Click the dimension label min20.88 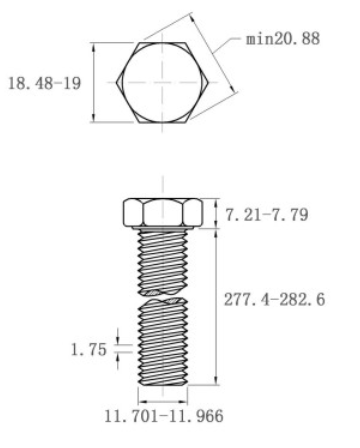tap(283, 39)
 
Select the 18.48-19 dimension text tap(44, 83)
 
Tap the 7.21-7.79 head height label tap(267, 215)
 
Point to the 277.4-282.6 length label tap(274, 299)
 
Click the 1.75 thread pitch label tap(88, 350)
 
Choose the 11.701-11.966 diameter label tap(164, 416)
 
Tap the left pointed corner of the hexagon tap(116, 83)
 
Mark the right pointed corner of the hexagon tap(208, 82)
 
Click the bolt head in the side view tap(163, 212)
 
